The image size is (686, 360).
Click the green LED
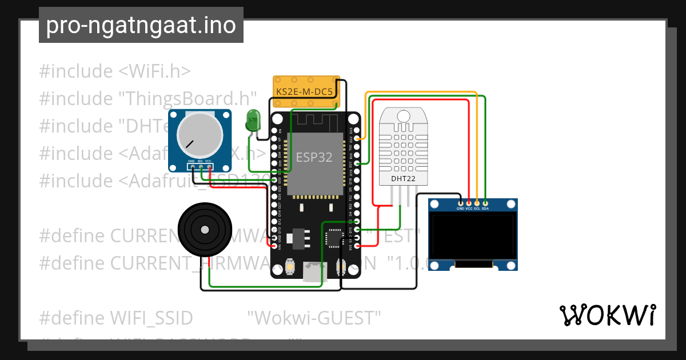coord(252,121)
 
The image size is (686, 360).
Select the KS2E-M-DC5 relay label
coord(304,91)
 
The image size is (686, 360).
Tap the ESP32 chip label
coord(314,157)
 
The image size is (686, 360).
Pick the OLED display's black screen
coord(472,235)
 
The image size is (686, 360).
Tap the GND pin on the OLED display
coord(460,202)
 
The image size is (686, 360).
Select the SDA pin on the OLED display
coord(485,202)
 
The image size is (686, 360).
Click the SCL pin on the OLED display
coord(477,202)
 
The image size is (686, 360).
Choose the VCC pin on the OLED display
coord(469,202)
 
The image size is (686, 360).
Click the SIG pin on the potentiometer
coord(200,167)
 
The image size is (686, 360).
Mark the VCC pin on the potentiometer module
coord(209,167)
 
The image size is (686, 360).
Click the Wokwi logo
coord(607,315)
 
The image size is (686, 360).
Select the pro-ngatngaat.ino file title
coord(141,26)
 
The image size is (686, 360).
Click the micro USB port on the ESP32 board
coord(312,273)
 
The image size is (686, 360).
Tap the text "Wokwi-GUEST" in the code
coord(314,317)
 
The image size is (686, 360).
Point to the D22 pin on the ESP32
coord(357,138)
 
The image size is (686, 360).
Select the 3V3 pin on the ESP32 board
coord(357,246)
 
